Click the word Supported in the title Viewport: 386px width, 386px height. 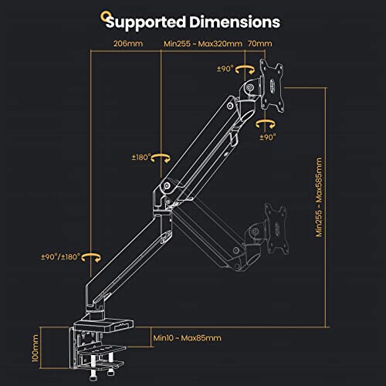pos(146,22)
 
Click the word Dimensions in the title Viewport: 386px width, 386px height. pos(235,22)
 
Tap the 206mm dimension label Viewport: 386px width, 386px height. pos(128,43)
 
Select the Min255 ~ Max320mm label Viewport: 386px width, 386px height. pos(203,43)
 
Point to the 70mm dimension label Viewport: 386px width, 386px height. pos(260,43)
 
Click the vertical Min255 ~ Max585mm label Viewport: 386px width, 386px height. pos(319,197)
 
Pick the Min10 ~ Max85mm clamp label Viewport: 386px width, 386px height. pos(187,338)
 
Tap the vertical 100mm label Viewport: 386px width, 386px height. pos(36,348)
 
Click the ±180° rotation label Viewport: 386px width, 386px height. pos(141,157)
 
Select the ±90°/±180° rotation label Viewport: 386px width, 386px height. pos(61,257)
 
